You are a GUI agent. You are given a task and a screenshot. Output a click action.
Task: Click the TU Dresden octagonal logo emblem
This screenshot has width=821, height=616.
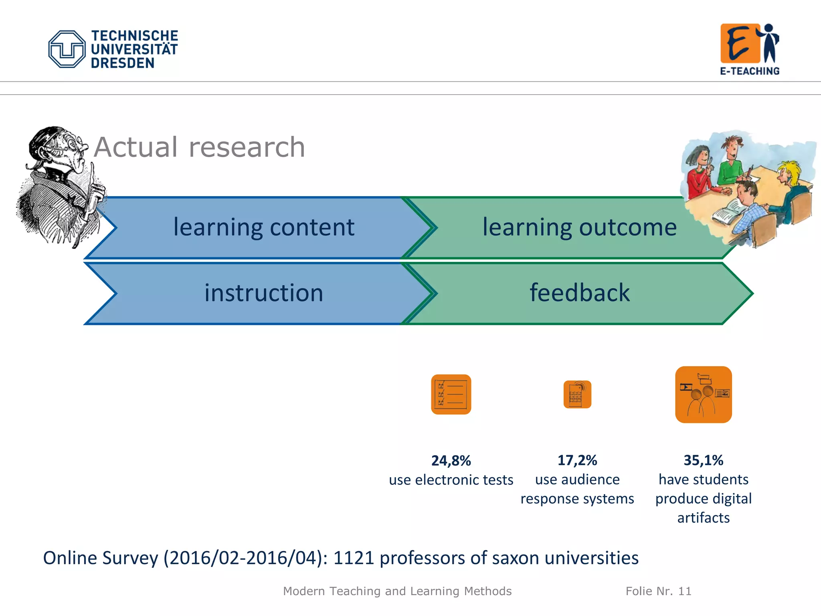[x=67, y=49]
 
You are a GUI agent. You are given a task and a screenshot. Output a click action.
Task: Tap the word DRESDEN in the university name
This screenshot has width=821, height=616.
[x=122, y=63]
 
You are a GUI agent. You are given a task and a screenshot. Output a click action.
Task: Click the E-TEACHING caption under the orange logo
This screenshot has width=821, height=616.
[x=749, y=71]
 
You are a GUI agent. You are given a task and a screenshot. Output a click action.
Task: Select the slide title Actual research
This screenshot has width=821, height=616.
[x=199, y=147]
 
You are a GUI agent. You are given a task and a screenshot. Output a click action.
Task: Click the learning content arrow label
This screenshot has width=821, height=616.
[x=263, y=227]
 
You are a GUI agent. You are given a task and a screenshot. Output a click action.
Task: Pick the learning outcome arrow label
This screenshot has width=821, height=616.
[x=579, y=227]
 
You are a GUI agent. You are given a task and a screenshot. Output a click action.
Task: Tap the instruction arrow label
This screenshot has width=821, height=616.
[x=263, y=293]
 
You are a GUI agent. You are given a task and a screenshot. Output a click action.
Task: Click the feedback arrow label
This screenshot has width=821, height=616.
[x=579, y=293]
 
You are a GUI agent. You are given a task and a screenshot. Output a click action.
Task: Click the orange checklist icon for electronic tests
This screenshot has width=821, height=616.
[x=451, y=394]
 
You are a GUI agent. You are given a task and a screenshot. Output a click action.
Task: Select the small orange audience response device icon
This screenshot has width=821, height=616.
[x=577, y=394]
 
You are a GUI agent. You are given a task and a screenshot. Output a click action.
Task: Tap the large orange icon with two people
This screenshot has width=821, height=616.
[x=703, y=394]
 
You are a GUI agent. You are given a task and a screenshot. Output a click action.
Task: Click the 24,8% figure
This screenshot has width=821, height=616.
[x=451, y=460]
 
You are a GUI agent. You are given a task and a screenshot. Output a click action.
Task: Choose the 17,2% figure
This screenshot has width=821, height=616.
[x=577, y=460]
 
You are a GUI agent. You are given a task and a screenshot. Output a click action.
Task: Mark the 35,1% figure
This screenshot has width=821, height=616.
[x=703, y=460]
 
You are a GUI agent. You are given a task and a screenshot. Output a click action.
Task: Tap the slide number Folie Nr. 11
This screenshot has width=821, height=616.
[x=658, y=591]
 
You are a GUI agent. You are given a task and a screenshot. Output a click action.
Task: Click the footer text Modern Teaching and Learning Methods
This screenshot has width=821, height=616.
[x=397, y=591]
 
